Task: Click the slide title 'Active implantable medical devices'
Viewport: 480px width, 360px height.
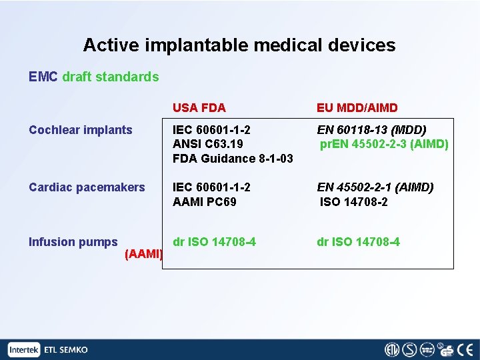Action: (x=239, y=45)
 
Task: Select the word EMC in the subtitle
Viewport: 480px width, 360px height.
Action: (x=43, y=77)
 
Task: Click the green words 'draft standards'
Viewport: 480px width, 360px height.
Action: (x=111, y=77)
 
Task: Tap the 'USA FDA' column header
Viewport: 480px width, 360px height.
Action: (x=199, y=108)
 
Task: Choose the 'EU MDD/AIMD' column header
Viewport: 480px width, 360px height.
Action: (x=357, y=108)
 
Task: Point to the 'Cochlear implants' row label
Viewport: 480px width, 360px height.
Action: (x=81, y=130)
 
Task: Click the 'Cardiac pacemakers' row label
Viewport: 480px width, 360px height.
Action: (x=87, y=187)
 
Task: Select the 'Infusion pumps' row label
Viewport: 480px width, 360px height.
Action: (x=73, y=242)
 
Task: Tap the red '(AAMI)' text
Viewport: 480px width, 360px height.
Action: (x=144, y=254)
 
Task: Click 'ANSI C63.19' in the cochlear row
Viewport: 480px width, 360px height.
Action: (x=207, y=144)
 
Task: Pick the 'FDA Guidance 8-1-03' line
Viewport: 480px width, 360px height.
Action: (x=233, y=159)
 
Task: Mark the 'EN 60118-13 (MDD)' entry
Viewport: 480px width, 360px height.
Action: (x=371, y=130)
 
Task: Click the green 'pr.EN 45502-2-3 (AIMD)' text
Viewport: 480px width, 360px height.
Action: (x=384, y=144)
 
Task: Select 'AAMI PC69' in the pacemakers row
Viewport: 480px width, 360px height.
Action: (x=204, y=201)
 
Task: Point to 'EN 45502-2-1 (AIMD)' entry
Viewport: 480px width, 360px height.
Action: (x=375, y=187)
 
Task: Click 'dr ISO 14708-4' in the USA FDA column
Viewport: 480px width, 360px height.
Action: (x=214, y=242)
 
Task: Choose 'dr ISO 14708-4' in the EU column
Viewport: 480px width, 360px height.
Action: (x=358, y=242)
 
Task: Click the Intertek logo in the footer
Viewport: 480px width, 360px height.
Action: (x=25, y=350)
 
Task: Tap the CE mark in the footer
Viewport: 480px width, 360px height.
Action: (x=464, y=350)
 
